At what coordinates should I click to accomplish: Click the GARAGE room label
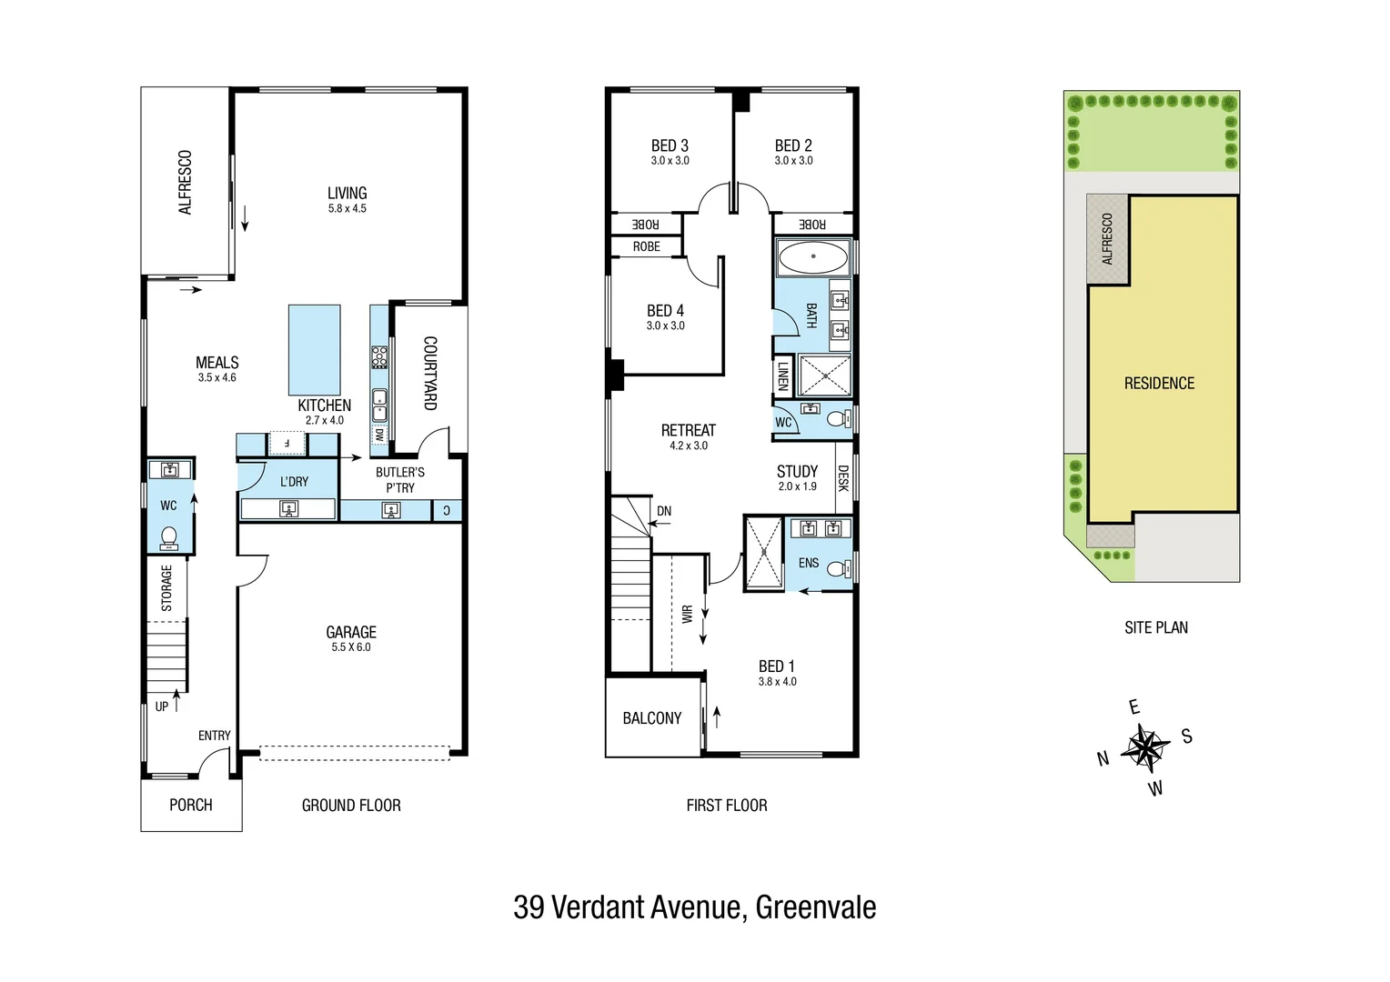click(x=351, y=632)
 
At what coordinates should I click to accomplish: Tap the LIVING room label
click(x=347, y=193)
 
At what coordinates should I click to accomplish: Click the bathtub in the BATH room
click(x=812, y=257)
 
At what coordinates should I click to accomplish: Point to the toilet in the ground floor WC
click(x=168, y=538)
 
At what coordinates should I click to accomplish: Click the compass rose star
click(x=1144, y=747)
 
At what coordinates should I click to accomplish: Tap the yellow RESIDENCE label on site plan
click(x=1159, y=383)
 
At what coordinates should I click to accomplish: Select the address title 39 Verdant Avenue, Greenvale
click(x=694, y=907)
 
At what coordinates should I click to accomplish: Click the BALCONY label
click(x=651, y=718)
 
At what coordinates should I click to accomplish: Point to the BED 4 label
click(x=665, y=311)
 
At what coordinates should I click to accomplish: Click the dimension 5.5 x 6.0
click(x=351, y=647)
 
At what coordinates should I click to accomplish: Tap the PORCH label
click(x=191, y=805)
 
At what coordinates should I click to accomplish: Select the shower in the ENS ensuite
click(x=763, y=552)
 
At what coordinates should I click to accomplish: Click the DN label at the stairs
click(x=664, y=511)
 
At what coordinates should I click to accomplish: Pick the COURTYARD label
click(x=430, y=373)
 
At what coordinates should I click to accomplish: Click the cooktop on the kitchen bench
click(x=378, y=356)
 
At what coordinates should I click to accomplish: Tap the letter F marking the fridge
click(x=287, y=444)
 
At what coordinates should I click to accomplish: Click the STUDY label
click(x=797, y=471)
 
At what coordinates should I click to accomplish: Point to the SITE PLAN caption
click(x=1155, y=627)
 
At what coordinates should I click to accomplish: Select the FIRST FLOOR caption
click(x=726, y=805)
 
